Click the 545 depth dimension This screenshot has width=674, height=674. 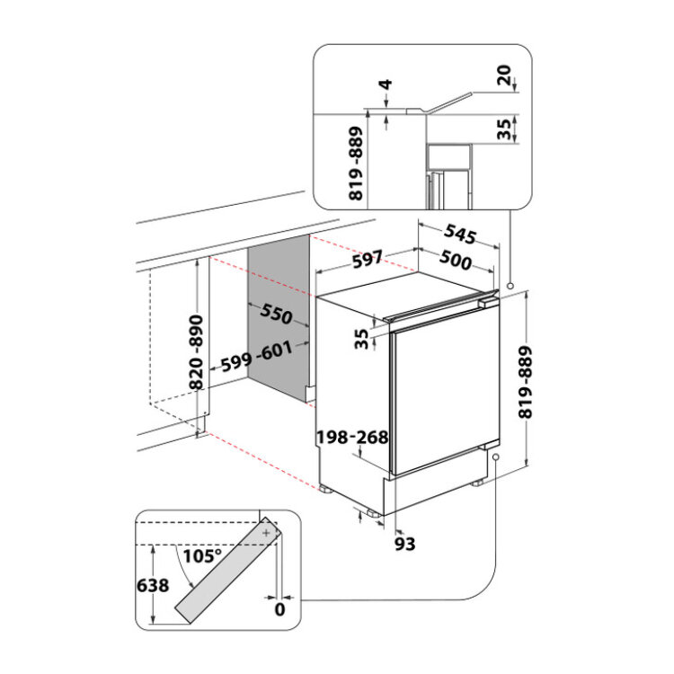460,234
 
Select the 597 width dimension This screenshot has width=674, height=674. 367,260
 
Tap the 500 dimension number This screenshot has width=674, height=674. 456,260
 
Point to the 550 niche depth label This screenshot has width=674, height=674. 277,314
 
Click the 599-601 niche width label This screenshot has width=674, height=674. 257,357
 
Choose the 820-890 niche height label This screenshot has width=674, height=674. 197,352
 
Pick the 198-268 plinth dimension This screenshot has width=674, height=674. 352,437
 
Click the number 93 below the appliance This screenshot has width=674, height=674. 404,544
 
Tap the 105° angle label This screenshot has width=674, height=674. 202,555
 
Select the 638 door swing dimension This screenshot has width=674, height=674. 153,585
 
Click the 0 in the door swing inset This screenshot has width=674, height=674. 279,609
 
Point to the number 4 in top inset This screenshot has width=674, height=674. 386,84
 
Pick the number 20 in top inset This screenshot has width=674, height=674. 504,75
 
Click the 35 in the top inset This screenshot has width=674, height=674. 504,129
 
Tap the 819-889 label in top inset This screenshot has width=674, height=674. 356,164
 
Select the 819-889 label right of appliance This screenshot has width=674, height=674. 526,382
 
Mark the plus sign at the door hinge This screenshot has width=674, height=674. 267,533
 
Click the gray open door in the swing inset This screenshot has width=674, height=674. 228,570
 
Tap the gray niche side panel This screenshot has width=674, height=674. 279,318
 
